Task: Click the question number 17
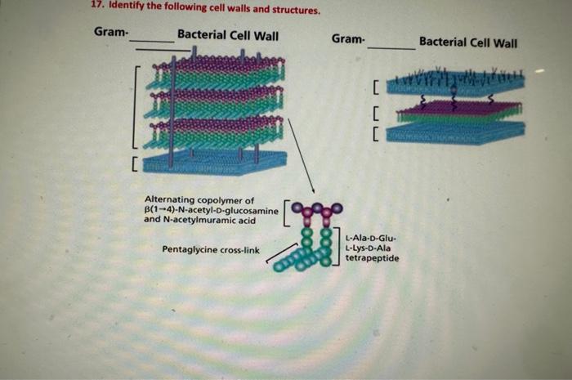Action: point(96,11)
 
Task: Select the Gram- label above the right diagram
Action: point(349,38)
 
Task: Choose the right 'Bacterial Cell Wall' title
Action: point(468,41)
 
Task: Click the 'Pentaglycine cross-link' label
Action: point(211,249)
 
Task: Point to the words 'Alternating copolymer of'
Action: point(199,200)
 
